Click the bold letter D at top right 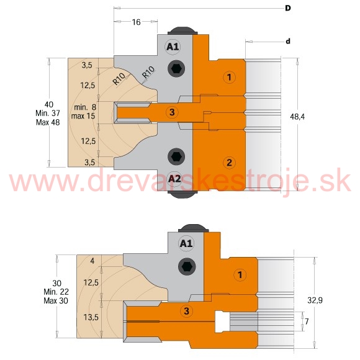click(287, 8)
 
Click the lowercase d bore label click(288, 42)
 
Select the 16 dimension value click(136, 22)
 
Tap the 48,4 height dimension click(297, 117)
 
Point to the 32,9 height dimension click(315, 300)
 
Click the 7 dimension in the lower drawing click(307, 322)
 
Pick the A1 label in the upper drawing click(173, 47)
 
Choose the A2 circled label click(174, 178)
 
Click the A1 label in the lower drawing click(186, 243)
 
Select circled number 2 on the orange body click(229, 163)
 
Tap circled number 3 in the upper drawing click(172, 112)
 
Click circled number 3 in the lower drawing click(186, 311)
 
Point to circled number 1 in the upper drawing click(229, 77)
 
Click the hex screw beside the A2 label click(176, 157)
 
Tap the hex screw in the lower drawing click(187, 267)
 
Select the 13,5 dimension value click(91, 318)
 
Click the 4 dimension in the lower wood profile click(92, 261)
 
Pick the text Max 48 click(48, 122)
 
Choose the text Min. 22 click(56, 292)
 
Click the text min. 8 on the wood click(85, 107)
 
